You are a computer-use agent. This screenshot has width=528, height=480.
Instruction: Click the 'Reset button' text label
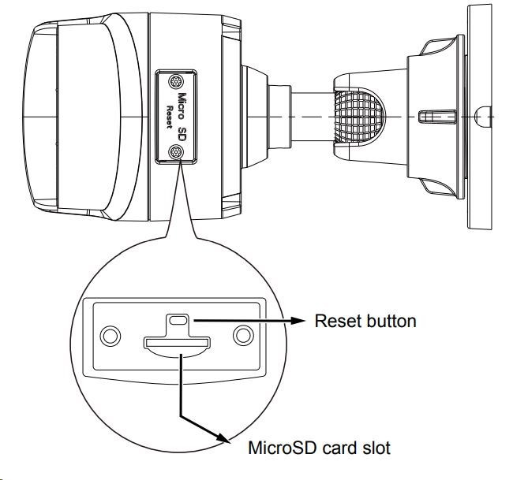click(365, 322)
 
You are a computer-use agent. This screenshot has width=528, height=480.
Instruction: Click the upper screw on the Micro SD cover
click(177, 80)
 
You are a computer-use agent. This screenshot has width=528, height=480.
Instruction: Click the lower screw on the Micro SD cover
click(177, 152)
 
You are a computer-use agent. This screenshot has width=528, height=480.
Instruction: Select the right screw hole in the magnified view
click(243, 337)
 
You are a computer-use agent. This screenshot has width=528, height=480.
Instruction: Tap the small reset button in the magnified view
click(178, 321)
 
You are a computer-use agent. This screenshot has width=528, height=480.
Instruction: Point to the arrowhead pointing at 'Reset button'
click(301, 322)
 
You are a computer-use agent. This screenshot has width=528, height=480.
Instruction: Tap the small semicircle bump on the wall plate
click(482, 116)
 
